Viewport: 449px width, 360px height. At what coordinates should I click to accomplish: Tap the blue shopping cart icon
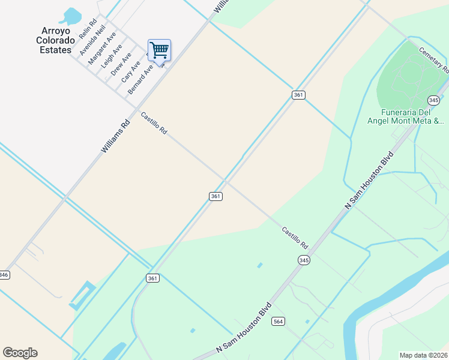pos(159,50)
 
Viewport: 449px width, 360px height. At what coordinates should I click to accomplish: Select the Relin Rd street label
pos(88,29)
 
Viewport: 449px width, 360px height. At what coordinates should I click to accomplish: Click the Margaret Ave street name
pos(102,49)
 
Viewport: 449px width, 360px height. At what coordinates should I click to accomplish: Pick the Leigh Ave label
pos(112,55)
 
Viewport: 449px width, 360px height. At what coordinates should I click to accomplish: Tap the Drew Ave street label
pos(121,64)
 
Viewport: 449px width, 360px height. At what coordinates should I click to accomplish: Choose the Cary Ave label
pos(130,71)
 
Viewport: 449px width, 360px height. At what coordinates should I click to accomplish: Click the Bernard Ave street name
pos(140,80)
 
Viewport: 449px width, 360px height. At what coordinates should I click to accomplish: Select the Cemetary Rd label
pos(434,60)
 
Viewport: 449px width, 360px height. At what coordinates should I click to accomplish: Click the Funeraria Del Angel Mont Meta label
pos(415,116)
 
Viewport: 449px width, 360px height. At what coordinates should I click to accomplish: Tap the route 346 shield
pos(4,274)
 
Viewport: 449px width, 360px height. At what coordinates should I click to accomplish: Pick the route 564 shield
pos(278,321)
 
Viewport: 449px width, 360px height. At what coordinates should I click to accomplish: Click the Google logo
pos(20,352)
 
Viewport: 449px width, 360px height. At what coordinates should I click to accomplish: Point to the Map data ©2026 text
pos(423,355)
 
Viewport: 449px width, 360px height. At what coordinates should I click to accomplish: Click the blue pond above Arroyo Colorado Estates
pos(71,16)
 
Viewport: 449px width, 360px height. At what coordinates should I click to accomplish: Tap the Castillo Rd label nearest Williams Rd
pos(154,122)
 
